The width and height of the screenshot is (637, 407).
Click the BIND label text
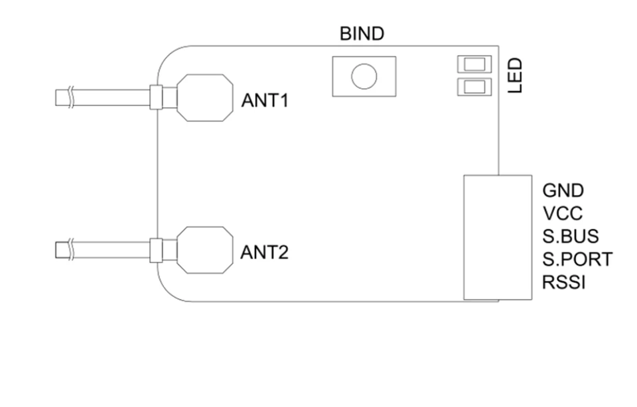tap(362, 34)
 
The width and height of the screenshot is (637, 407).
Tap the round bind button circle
tap(364, 76)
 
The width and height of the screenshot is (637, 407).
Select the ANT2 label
tap(265, 253)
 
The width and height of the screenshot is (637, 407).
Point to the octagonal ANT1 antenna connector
tap(205, 97)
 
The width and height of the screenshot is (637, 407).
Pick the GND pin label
tap(563, 191)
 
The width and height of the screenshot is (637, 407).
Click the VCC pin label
tap(562, 213)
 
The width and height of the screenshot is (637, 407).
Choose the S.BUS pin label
tap(570, 236)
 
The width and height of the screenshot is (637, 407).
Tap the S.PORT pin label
tap(577, 259)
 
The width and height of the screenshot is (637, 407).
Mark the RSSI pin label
tap(564, 282)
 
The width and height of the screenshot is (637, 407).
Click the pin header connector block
tap(497, 237)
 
